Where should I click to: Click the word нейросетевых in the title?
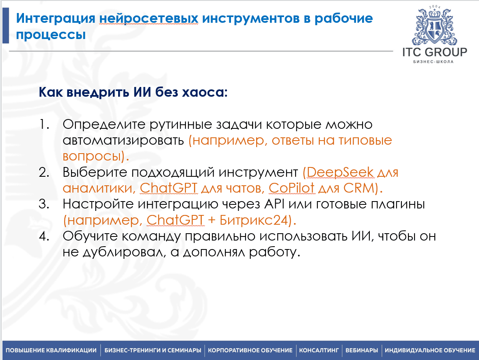(x=149, y=18)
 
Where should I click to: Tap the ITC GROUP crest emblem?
(x=434, y=26)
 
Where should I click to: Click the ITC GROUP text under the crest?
(x=434, y=52)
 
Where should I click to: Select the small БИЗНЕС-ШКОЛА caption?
(x=433, y=62)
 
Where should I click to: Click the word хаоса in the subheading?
(x=205, y=92)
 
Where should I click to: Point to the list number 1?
(x=44, y=124)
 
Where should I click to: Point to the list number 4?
(x=44, y=236)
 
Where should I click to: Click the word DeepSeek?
(x=340, y=172)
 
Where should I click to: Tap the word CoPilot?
(x=291, y=188)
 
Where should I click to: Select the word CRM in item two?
(x=358, y=188)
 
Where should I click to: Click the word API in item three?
(x=274, y=204)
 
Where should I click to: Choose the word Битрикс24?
(x=254, y=220)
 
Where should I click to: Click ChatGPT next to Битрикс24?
(x=175, y=220)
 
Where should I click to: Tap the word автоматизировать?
(x=123, y=141)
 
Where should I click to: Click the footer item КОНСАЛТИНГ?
(x=319, y=350)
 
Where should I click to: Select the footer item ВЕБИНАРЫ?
(x=362, y=350)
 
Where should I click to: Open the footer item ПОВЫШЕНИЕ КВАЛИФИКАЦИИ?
(x=51, y=350)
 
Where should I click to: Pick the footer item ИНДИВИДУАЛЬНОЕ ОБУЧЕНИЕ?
(x=430, y=350)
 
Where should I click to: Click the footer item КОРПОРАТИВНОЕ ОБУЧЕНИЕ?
(x=250, y=350)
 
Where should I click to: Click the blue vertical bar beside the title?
(x=6, y=25)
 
